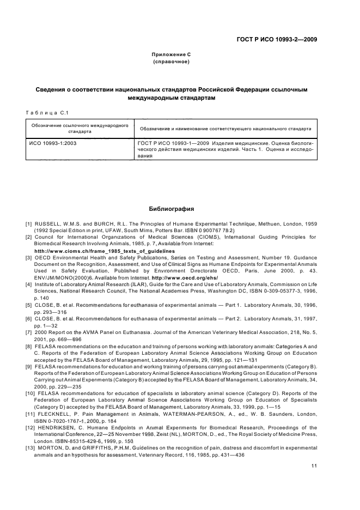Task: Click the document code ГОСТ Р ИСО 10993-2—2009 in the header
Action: [277, 39]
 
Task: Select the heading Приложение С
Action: [170, 55]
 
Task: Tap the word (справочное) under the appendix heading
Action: [170, 62]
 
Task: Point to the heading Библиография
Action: [172, 209]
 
